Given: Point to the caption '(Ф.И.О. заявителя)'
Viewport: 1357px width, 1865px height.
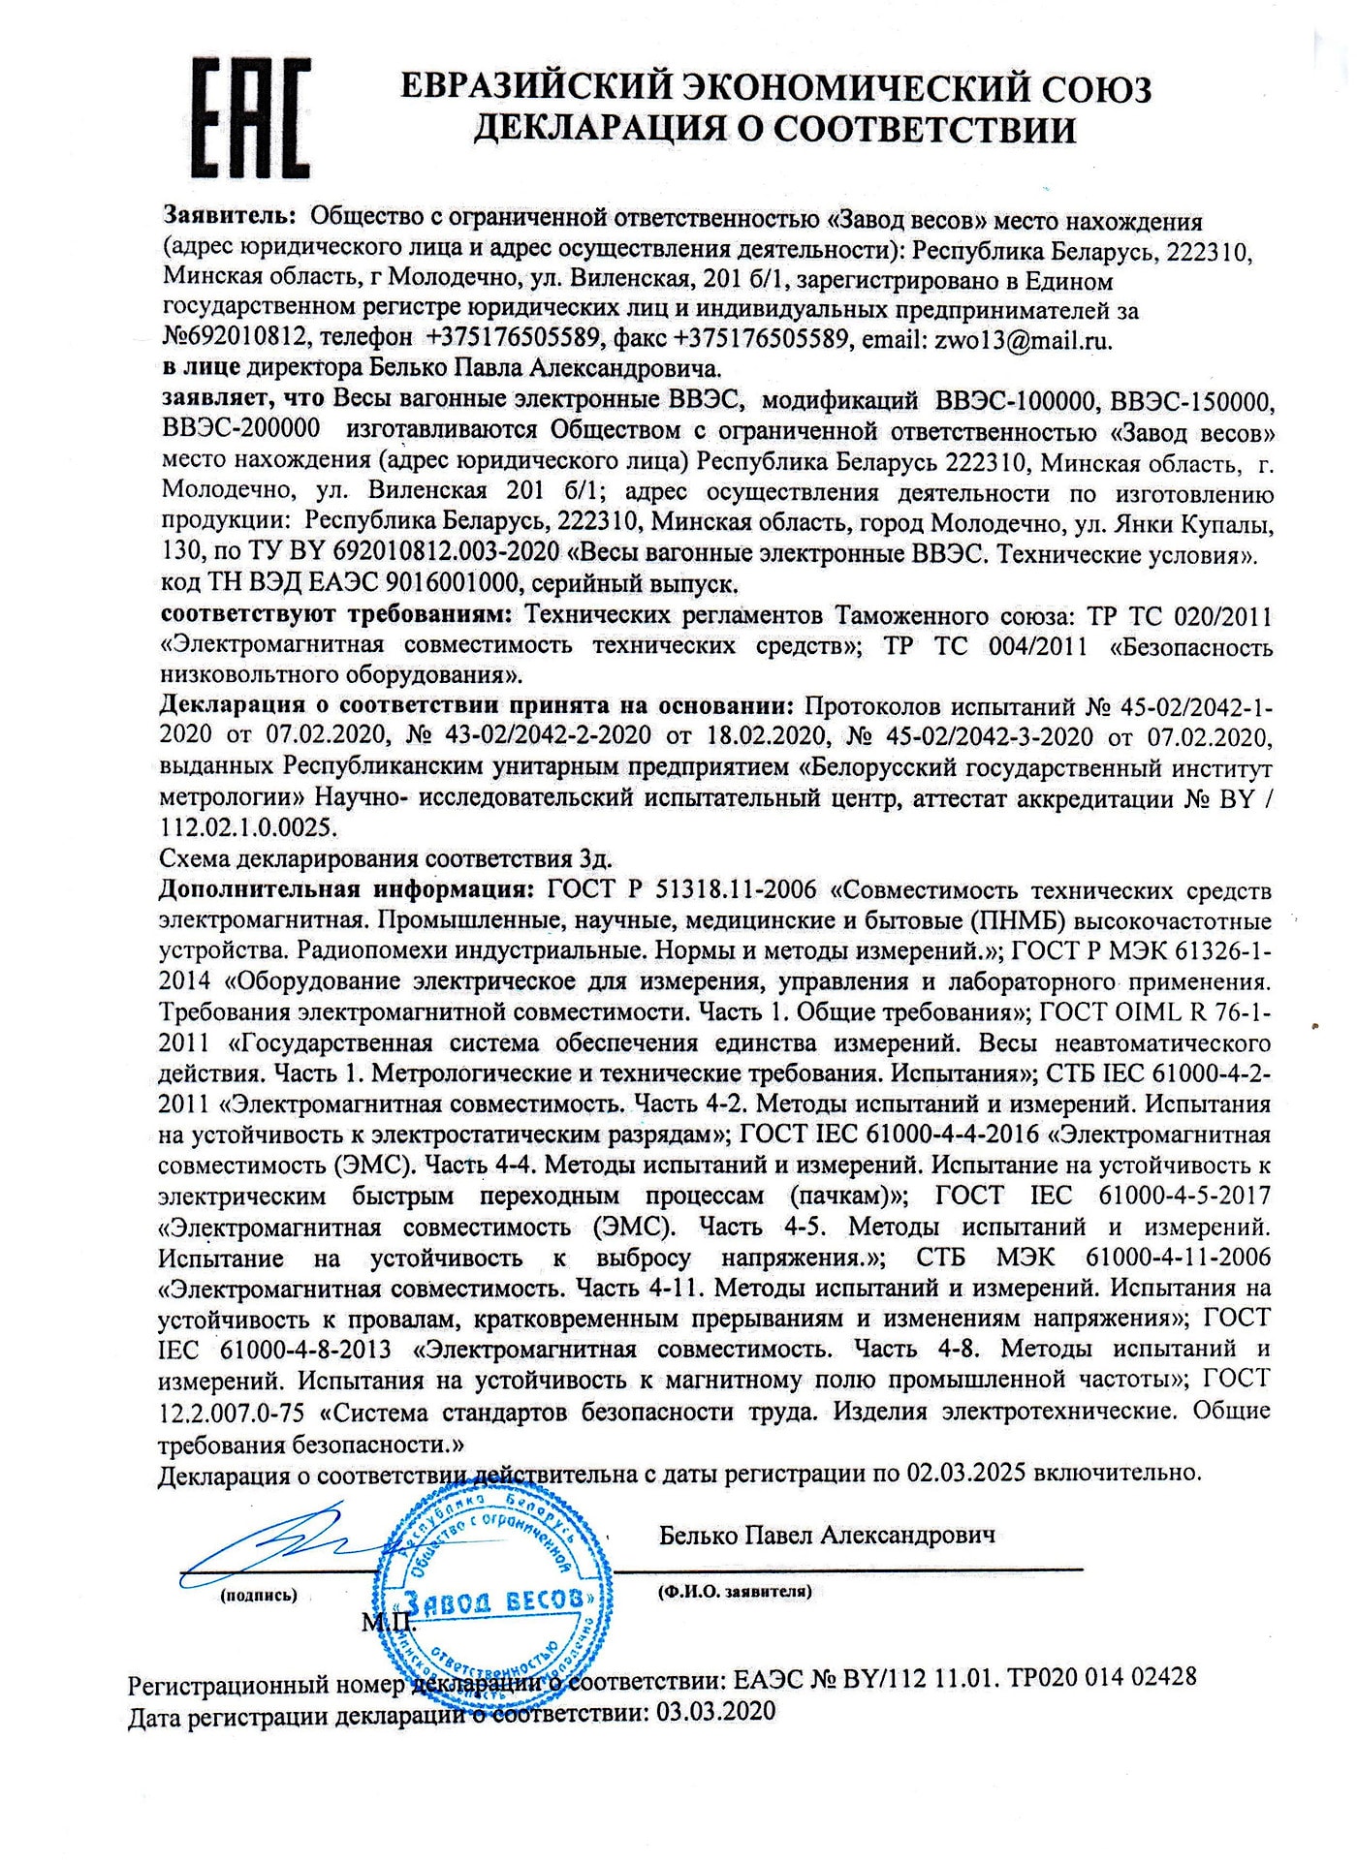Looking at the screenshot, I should (734, 1591).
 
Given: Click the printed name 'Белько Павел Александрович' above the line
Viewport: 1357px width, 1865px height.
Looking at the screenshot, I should (827, 1536).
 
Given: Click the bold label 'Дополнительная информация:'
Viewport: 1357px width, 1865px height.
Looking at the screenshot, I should (345, 889).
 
